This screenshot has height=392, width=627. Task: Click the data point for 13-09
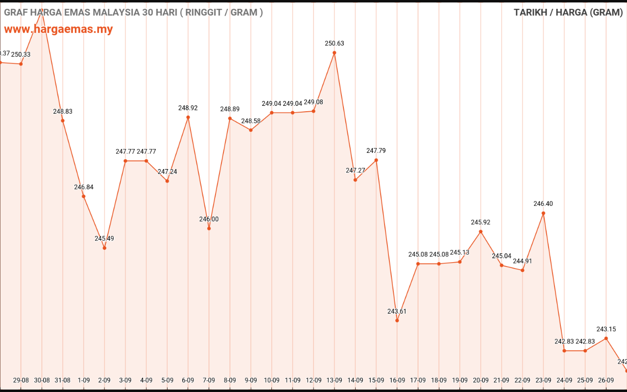tap(335, 52)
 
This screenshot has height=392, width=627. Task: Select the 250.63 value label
tap(335, 43)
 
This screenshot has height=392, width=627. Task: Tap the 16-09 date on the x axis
tap(397, 380)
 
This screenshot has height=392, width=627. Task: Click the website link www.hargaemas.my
tap(58, 29)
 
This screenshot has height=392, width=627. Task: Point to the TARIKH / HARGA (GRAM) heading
tap(568, 12)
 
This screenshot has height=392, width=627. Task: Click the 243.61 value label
tap(397, 311)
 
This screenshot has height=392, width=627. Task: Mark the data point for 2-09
tap(104, 248)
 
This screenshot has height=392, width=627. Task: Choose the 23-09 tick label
tap(543, 380)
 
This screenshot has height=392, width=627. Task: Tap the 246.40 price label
tap(543, 203)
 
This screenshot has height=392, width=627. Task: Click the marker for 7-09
tap(209, 228)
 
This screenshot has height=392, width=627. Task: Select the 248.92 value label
tap(188, 108)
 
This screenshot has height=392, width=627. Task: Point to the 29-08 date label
tap(21, 380)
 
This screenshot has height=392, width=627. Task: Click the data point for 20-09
tap(481, 231)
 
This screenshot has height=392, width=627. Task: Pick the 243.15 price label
tap(606, 329)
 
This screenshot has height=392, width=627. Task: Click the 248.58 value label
tap(251, 121)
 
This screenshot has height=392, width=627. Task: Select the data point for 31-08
tap(63, 121)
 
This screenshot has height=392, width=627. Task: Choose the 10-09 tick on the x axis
tap(272, 380)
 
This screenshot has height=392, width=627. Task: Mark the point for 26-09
tap(606, 338)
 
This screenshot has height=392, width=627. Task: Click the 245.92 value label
tap(481, 222)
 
